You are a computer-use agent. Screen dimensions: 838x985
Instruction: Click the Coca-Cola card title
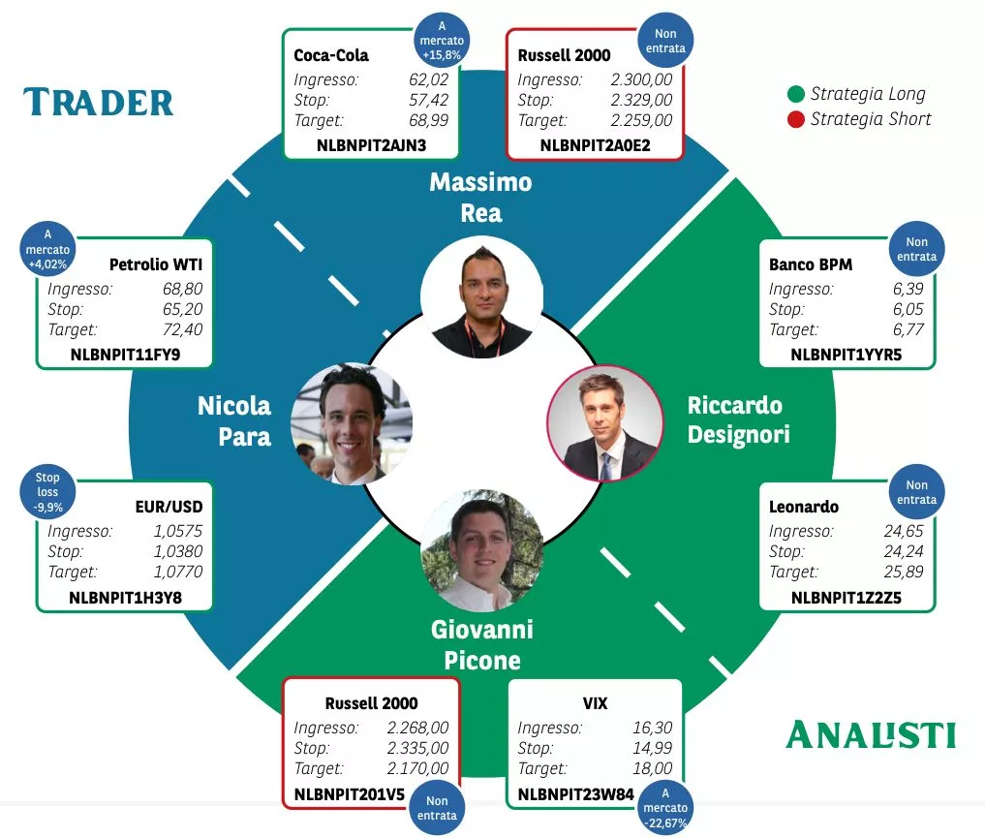point(331,55)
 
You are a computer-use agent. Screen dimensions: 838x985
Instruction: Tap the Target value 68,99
point(429,121)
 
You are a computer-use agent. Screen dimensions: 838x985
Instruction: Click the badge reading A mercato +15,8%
point(441,41)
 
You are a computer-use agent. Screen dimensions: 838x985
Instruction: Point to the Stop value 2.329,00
point(641,100)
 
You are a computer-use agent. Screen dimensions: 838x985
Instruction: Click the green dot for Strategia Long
point(796,94)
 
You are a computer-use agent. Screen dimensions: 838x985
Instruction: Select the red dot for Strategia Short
point(796,119)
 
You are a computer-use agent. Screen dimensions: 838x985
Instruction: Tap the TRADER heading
point(99,102)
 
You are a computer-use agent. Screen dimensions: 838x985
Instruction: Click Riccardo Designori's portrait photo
point(604,424)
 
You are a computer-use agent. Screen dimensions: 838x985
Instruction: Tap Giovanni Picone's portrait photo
point(481,549)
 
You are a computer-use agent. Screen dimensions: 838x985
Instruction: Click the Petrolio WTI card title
point(156,264)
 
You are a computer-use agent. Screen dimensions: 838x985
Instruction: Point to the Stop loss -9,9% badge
point(47,491)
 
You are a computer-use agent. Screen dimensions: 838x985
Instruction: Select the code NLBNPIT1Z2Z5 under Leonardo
point(846,598)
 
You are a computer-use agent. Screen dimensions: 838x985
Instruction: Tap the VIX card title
point(596,703)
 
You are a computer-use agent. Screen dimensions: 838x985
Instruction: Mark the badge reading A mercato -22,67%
point(666,808)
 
